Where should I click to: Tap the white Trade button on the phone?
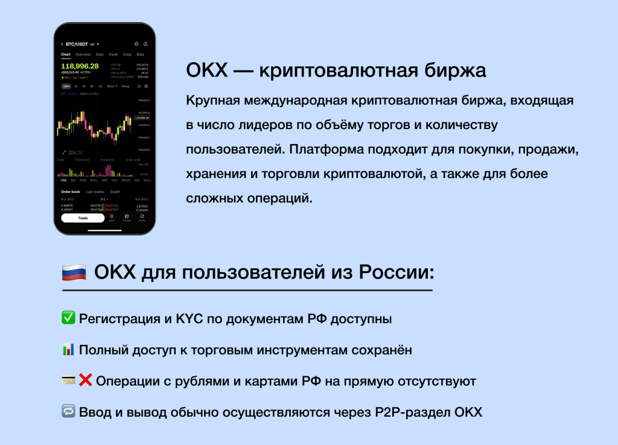pyautogui.click(x=83, y=218)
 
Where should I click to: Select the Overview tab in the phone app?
pyautogui.click(x=83, y=54)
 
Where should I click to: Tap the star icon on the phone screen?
pyautogui.click(x=136, y=44)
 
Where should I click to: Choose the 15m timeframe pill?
pyautogui.click(x=66, y=86)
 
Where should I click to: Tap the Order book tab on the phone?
pyautogui.click(x=70, y=192)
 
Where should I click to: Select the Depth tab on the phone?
pyautogui.click(x=115, y=192)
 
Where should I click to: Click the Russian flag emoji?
pyautogui.click(x=74, y=272)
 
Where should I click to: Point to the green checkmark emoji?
pyautogui.click(x=68, y=318)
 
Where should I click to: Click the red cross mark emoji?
pyautogui.click(x=86, y=380)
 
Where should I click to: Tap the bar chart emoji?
pyautogui.click(x=68, y=349)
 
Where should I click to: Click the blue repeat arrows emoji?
pyautogui.click(x=68, y=412)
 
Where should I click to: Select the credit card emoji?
pyautogui.click(x=68, y=380)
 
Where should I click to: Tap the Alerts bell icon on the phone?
pyautogui.click(x=142, y=217)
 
